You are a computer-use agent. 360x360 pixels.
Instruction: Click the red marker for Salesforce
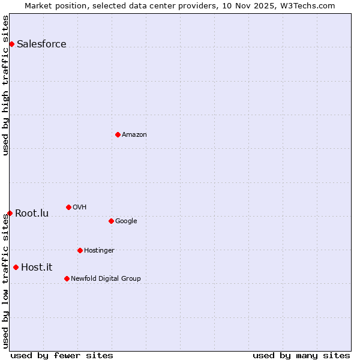pos(11,44)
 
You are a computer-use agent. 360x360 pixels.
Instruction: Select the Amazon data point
pos(118,134)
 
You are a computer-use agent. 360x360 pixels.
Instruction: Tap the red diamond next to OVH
pos(68,207)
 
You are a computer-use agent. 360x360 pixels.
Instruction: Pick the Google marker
pos(111,221)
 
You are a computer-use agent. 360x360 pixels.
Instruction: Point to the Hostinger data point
pos(80,250)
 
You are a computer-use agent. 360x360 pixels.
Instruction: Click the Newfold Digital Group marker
pos(67,278)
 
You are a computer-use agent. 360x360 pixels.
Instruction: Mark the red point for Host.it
pos(16,267)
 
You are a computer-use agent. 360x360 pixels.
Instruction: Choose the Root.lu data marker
pos(10,213)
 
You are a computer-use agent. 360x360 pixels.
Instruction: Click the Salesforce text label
pos(41,44)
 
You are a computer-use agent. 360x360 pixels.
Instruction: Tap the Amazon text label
pos(134,134)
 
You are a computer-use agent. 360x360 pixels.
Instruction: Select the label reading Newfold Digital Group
pos(106,278)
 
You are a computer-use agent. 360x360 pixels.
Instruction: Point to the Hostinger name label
pos(99,250)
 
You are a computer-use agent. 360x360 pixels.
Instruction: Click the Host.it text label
pos(37,267)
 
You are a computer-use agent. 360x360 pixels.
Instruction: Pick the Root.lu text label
pos(32,213)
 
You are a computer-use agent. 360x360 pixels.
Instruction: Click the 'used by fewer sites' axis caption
pos(62,355)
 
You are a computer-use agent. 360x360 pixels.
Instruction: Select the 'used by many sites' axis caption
pos(301,355)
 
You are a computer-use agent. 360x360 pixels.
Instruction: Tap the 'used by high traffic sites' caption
pos(5,85)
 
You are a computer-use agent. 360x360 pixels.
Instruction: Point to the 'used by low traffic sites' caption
pos(5,281)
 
